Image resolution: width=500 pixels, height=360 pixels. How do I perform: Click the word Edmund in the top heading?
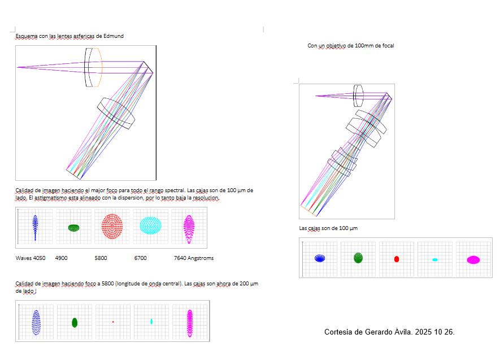[113, 36]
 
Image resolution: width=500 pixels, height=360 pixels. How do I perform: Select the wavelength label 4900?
[61, 258]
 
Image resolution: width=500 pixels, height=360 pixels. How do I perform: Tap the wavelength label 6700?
[140, 258]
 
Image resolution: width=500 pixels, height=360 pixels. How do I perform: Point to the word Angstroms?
[201, 258]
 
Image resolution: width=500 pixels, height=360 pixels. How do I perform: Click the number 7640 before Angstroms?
[180, 258]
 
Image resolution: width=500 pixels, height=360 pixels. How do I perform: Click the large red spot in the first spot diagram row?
[112, 227]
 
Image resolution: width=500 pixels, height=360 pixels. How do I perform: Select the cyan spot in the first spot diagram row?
[150, 225]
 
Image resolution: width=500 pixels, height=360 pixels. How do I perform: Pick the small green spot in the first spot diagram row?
[73, 228]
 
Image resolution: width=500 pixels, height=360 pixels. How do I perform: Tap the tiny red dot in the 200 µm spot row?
[113, 322]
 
